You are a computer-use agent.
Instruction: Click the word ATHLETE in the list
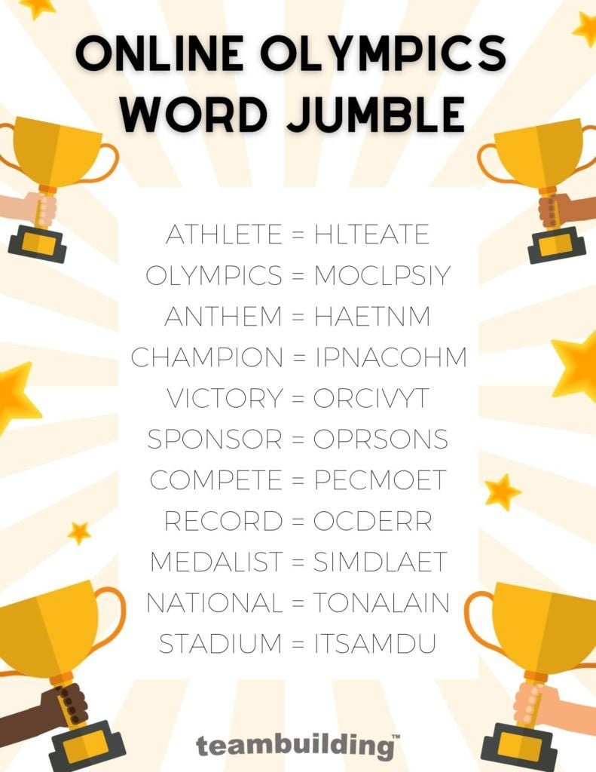(225, 235)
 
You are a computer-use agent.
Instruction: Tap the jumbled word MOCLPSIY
(382, 277)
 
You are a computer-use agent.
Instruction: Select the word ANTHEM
(222, 317)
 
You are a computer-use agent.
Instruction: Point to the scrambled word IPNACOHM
(390, 358)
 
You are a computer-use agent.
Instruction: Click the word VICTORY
(224, 399)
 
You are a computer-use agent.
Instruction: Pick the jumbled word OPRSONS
(381, 440)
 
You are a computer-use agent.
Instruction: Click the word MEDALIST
(215, 562)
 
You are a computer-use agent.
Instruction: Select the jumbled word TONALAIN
(381, 603)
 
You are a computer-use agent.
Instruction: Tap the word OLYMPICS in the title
(396, 54)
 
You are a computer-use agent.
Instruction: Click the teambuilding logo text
(295, 746)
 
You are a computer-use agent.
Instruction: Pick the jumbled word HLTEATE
(371, 235)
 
